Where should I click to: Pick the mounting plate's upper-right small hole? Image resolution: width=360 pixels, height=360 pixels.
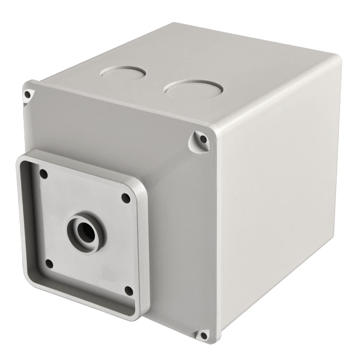[x=125, y=197]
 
